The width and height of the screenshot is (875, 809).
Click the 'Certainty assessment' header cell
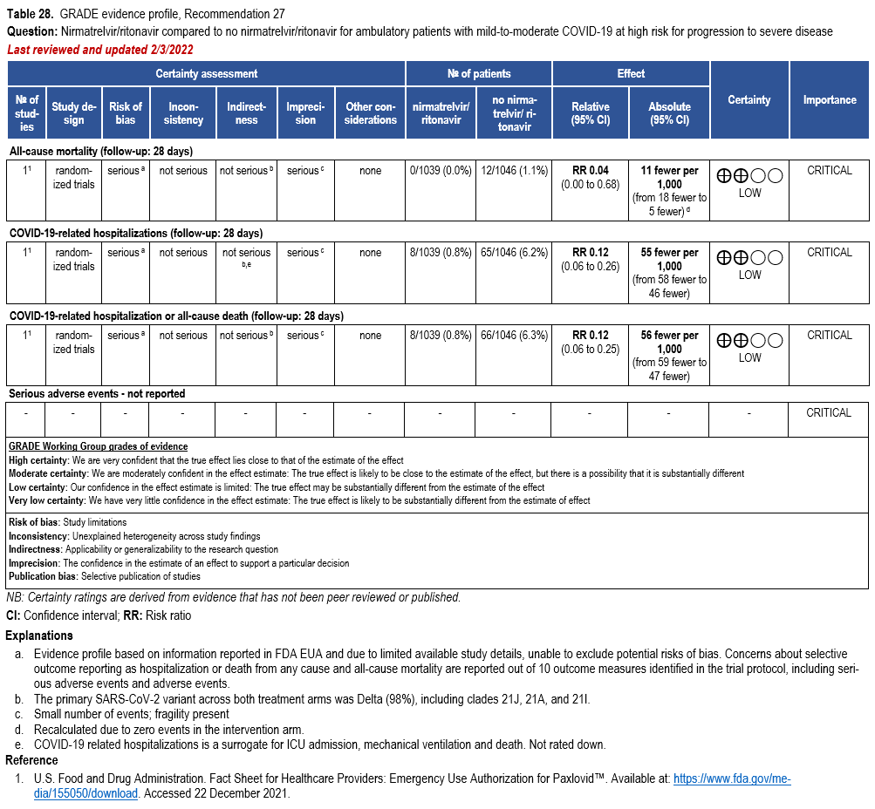coord(207,74)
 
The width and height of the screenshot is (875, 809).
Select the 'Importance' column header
coord(829,100)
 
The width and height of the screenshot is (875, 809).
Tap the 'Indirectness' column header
coord(246,113)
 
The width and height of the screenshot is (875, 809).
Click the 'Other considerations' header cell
coord(370,113)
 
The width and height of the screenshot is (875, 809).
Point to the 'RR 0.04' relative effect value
coord(590,171)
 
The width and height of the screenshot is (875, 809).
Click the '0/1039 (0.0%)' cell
coord(441,171)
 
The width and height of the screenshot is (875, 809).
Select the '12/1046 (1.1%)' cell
coord(514,171)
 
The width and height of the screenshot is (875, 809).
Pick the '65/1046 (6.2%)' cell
coord(514,253)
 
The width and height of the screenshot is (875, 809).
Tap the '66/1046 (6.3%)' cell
coord(514,336)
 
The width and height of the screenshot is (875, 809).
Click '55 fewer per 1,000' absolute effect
coord(669,259)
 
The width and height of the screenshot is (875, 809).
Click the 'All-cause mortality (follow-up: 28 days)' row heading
coord(100,152)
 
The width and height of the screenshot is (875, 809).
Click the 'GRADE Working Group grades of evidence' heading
coord(98,446)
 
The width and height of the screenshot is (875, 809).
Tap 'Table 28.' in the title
coord(31,15)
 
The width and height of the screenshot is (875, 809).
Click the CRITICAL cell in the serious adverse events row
coord(829,413)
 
